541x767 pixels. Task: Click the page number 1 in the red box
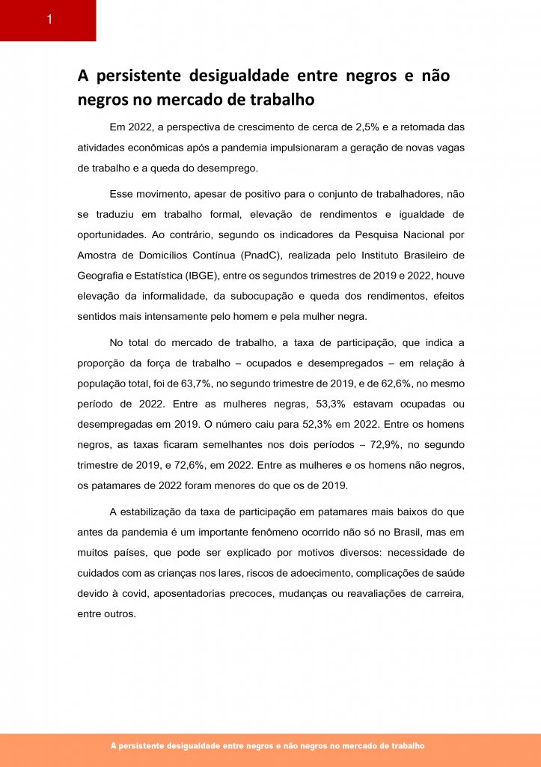click(49, 20)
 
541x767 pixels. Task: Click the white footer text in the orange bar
click(267, 746)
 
